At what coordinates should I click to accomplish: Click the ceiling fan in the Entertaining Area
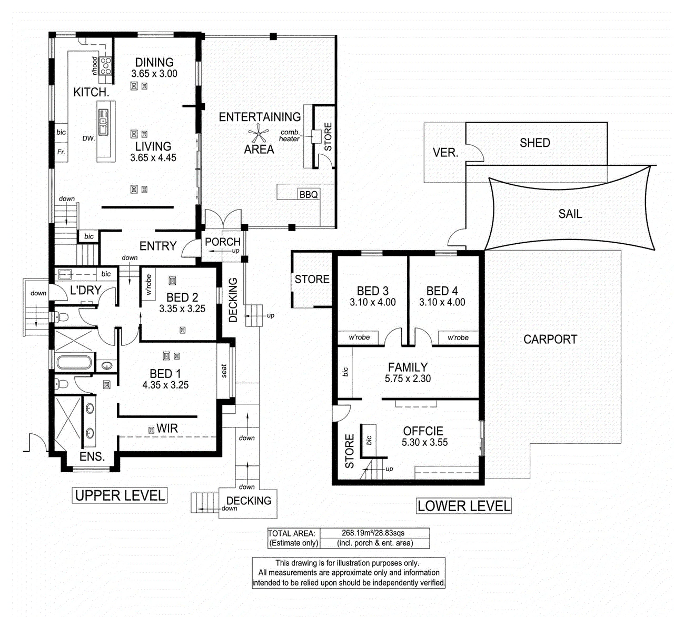click(x=259, y=133)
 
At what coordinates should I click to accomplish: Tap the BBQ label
click(x=309, y=195)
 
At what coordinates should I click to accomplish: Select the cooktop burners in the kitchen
click(x=106, y=66)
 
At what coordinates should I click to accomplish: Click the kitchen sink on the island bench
click(x=103, y=122)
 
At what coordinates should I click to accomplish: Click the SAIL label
click(x=570, y=214)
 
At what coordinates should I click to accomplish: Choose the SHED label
click(x=535, y=143)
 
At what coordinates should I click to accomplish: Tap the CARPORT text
click(x=550, y=340)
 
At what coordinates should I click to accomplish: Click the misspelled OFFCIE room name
click(x=423, y=431)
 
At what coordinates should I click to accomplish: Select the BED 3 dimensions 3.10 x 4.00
click(x=373, y=302)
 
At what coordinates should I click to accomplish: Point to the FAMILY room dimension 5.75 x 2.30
click(x=408, y=379)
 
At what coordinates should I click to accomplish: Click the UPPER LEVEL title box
click(x=120, y=495)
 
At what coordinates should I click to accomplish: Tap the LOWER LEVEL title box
click(x=464, y=506)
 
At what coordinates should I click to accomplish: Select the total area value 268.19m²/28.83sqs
click(x=373, y=533)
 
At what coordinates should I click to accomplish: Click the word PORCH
click(x=222, y=242)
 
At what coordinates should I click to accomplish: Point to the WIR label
click(x=167, y=428)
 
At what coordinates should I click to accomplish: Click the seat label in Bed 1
click(x=224, y=371)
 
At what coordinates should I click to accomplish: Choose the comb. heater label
click(x=289, y=135)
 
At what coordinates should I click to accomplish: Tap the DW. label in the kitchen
click(x=88, y=138)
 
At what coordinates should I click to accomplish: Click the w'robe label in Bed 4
click(x=458, y=337)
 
